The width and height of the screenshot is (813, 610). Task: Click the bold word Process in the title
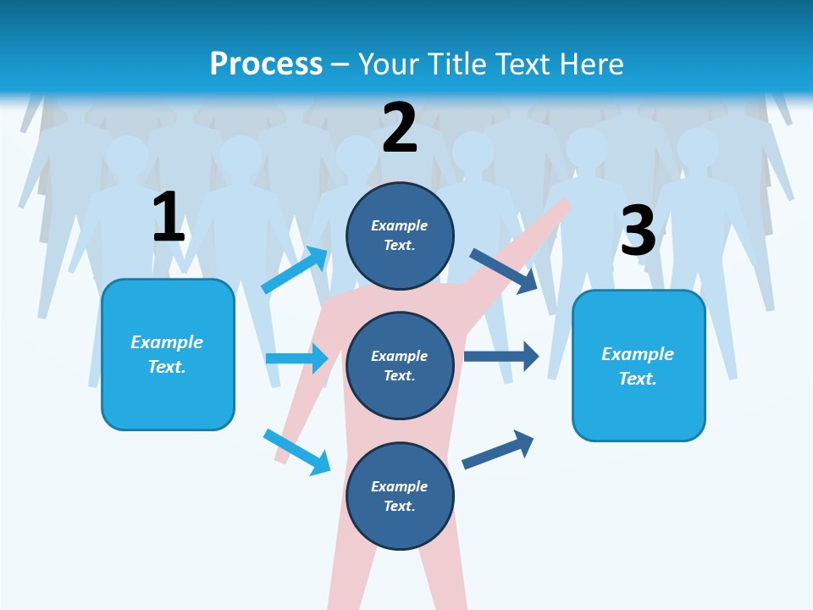(x=266, y=64)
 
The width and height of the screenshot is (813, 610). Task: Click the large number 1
(x=169, y=217)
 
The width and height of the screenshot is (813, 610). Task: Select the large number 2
(x=400, y=127)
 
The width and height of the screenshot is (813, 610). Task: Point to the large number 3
(x=638, y=230)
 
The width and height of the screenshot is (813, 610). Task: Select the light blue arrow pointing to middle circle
(x=296, y=358)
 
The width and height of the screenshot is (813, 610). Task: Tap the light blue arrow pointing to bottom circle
(x=296, y=452)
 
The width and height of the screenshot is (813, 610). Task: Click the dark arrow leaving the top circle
(x=503, y=270)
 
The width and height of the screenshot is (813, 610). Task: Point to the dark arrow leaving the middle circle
(x=501, y=356)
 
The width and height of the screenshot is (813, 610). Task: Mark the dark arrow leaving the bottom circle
(x=498, y=449)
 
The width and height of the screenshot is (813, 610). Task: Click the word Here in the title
(x=594, y=64)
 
